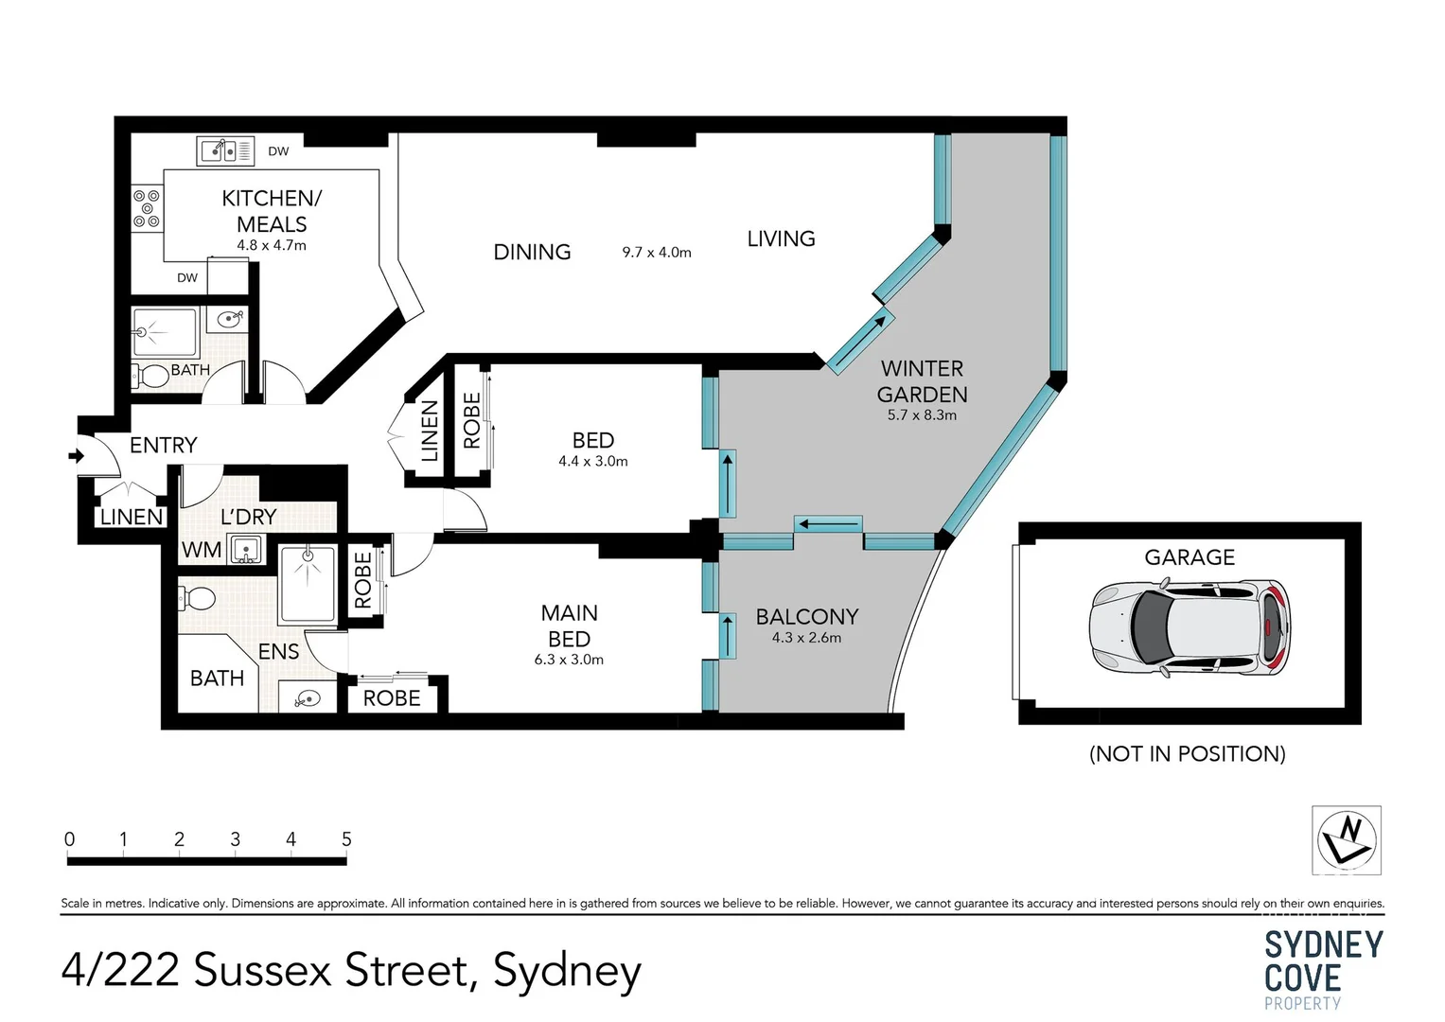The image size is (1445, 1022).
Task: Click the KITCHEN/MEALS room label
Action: click(x=272, y=211)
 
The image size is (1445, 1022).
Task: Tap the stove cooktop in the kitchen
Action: click(x=146, y=208)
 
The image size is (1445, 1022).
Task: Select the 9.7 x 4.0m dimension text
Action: click(x=657, y=253)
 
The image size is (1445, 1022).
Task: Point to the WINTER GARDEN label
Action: click(x=922, y=381)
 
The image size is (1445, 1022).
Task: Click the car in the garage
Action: click(x=1189, y=628)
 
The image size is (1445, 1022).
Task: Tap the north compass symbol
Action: click(x=1346, y=839)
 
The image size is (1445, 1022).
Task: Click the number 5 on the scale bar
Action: click(x=346, y=839)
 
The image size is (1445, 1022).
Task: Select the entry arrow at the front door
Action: click(x=76, y=457)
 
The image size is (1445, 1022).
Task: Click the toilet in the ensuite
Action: click(x=198, y=597)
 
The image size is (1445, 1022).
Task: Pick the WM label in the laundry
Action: click(x=202, y=550)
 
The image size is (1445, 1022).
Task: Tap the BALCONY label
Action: click(x=807, y=617)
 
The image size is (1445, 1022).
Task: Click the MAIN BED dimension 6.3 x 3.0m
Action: click(x=569, y=660)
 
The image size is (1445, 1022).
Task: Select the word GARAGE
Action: click(x=1189, y=557)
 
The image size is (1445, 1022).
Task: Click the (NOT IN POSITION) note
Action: click(x=1188, y=753)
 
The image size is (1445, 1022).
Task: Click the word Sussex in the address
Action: click(x=264, y=971)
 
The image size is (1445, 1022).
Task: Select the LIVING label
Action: click(x=781, y=239)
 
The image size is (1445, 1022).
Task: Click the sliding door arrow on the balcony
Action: click(x=727, y=636)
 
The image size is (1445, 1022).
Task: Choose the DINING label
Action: click(x=532, y=253)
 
